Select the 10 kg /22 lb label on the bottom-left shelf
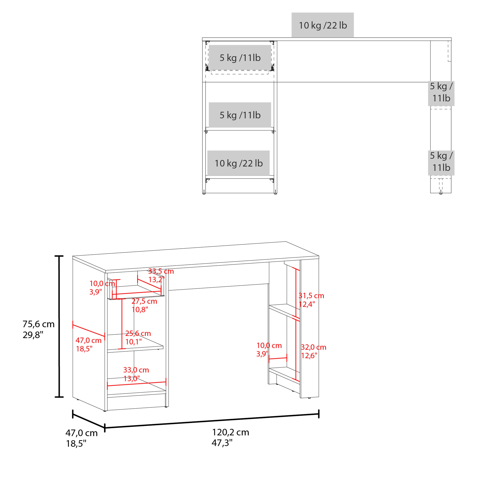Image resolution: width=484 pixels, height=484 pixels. [x=238, y=163]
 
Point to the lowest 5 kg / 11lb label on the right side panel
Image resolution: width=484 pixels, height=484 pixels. [x=441, y=162]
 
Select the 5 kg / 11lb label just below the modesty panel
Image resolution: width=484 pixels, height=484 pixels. [x=441, y=92]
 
